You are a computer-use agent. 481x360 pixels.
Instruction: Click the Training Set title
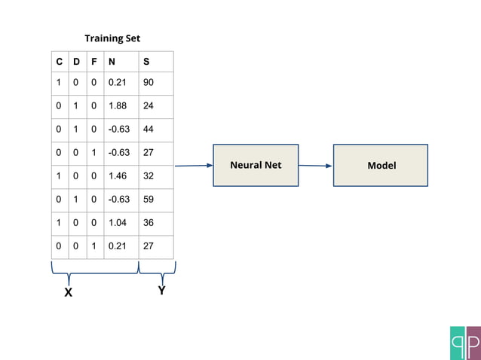click(x=112, y=38)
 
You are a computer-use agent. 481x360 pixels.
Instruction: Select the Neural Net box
click(x=256, y=165)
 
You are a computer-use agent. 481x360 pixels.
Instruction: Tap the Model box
click(x=381, y=165)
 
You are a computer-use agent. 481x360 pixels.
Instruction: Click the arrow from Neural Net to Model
click(x=315, y=166)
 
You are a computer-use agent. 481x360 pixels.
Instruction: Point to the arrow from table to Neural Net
click(x=194, y=166)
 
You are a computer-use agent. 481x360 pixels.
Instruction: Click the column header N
click(x=112, y=61)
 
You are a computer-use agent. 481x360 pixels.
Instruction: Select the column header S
click(x=146, y=61)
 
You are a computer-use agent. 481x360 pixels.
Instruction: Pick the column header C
click(x=60, y=61)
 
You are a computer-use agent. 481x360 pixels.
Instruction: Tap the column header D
click(x=76, y=61)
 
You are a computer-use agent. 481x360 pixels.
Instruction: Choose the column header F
click(x=93, y=61)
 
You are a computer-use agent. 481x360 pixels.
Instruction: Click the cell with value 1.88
click(x=118, y=106)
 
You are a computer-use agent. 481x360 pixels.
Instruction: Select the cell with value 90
click(x=149, y=83)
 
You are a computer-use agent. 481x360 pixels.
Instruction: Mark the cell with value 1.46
click(x=118, y=176)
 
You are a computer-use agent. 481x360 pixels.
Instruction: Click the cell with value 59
click(x=149, y=200)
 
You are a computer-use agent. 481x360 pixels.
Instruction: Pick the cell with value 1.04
click(x=118, y=223)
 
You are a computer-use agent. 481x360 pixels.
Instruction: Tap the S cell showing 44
click(x=149, y=130)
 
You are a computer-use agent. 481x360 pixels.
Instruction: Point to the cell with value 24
click(x=149, y=106)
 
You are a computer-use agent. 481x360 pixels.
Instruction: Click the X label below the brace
click(x=68, y=293)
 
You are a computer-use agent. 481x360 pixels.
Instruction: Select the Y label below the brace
click(x=161, y=291)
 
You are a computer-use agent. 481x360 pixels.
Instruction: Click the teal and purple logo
click(x=464, y=343)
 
